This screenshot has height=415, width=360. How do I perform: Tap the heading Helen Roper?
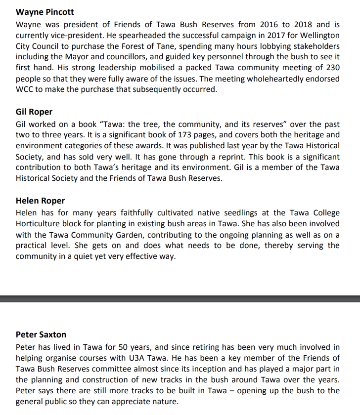pyautogui.click(x=40, y=201)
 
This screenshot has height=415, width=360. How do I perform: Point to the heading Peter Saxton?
pyautogui.click(x=41, y=334)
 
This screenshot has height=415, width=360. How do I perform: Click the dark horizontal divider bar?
pyautogui.click(x=180, y=298)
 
